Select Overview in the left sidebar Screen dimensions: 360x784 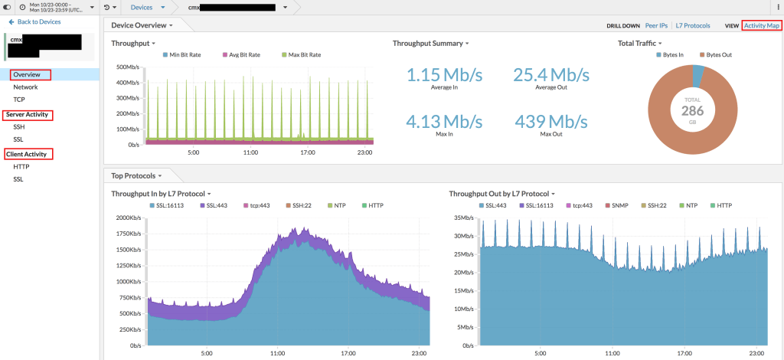27,75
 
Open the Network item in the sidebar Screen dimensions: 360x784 25,87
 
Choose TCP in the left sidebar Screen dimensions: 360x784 19,100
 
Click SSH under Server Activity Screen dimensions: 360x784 20,127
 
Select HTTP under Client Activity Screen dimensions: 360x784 21,166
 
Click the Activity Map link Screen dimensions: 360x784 762,25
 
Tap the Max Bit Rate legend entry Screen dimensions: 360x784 302,55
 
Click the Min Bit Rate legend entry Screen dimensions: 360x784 185,55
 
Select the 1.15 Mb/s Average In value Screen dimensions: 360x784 445,75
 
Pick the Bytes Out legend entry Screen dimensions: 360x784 719,55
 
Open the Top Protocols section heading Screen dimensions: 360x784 134,176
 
